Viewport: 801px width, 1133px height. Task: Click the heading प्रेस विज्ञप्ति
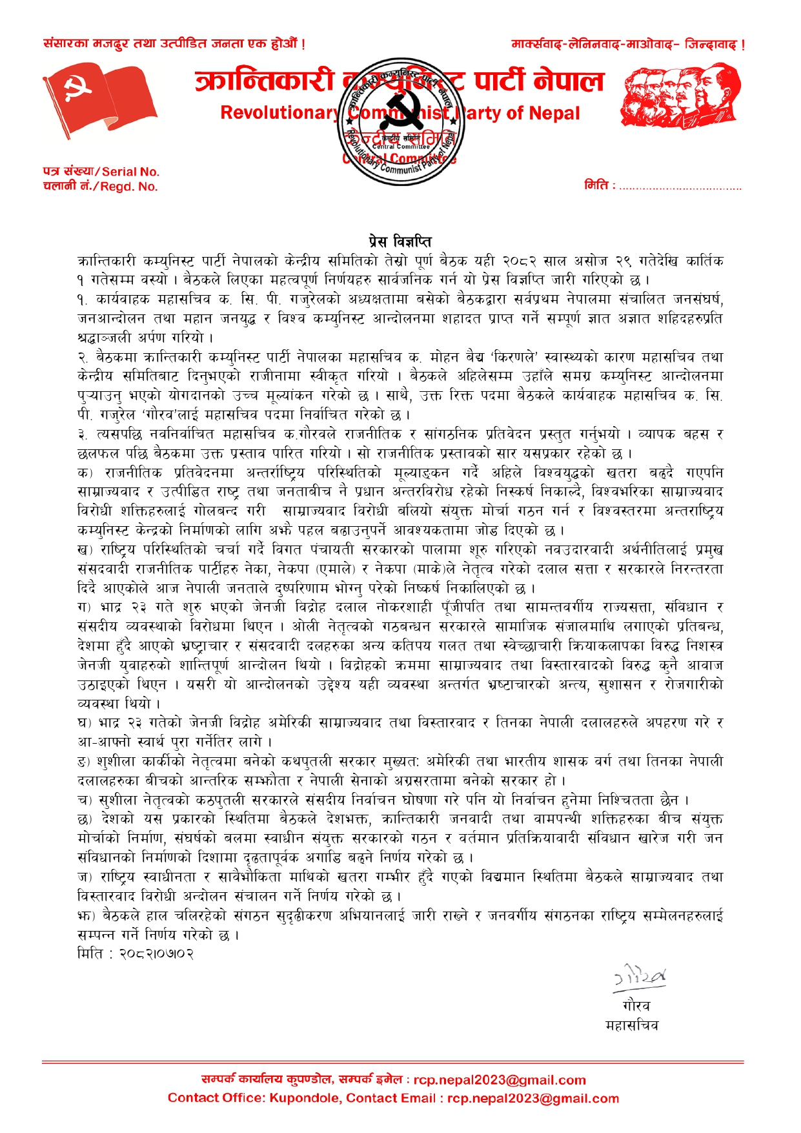pyautogui.click(x=400, y=241)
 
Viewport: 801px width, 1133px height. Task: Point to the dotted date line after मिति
pyautogui.click(x=680, y=187)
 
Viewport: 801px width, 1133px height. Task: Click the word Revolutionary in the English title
pyautogui.click(x=279, y=113)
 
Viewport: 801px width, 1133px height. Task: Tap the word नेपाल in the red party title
pyautogui.click(x=569, y=81)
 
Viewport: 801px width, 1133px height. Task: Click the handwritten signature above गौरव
pyautogui.click(x=639, y=977)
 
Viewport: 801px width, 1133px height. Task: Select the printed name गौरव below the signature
pyautogui.click(x=636, y=1006)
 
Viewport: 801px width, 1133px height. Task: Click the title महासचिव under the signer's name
pyautogui.click(x=632, y=1025)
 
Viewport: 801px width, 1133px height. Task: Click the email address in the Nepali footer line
pyautogui.click(x=500, y=1080)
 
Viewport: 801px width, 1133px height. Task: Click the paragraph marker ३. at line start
pyautogui.click(x=83, y=434)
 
